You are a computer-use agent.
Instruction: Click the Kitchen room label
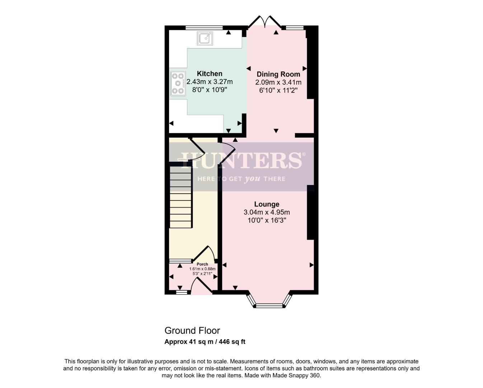210,74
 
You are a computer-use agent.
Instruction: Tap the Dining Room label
278,74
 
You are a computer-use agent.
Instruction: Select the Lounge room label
267,204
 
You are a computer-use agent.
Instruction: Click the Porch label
202,264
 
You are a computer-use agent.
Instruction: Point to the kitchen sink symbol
205,38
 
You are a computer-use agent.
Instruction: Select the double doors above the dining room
265,22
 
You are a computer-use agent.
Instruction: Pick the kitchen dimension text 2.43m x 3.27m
210,82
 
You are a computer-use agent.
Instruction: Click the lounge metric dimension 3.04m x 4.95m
267,212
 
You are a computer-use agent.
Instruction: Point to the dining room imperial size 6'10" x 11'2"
278,91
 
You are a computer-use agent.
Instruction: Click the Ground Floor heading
192,331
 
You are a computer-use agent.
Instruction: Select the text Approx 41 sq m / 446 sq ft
205,342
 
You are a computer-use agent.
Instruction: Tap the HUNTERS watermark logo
241,160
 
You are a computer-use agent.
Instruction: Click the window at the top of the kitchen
204,27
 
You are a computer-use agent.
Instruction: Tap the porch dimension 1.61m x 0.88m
202,269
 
